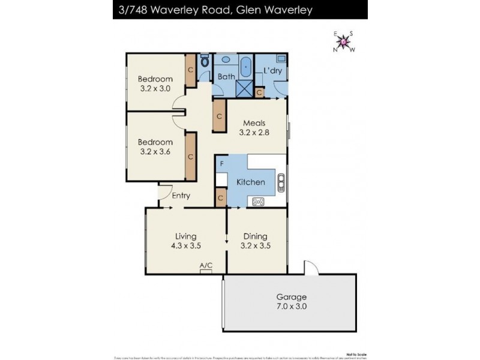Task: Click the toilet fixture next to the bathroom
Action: (205, 61)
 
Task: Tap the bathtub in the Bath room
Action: (246, 66)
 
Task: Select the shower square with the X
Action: (244, 88)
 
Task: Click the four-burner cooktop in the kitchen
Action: (259, 202)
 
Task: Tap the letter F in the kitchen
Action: (221, 163)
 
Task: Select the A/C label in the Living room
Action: (206, 265)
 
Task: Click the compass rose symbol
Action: (344, 41)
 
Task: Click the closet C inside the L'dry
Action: (259, 92)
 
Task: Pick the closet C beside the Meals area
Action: (220, 116)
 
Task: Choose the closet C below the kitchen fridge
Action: (220, 198)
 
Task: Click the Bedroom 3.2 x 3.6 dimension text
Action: (155, 152)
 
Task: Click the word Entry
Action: (181, 196)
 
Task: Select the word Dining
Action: (255, 236)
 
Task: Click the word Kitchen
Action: (251, 182)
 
